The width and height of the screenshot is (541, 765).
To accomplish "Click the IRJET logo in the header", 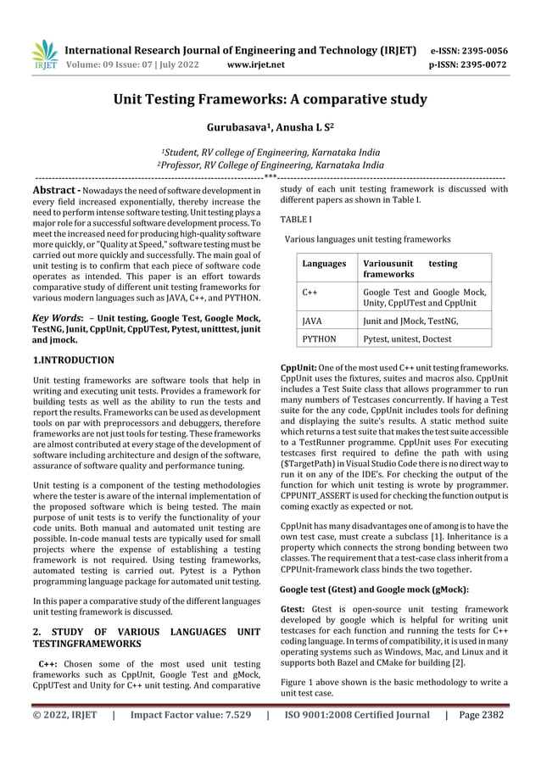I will coord(44,53).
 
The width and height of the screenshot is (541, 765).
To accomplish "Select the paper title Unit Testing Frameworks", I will coord(270,100).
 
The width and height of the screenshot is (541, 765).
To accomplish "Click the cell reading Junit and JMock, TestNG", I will coord(410,321).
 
